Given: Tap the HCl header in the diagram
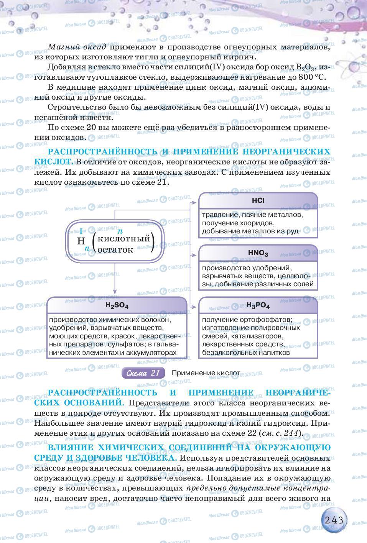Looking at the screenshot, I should click(258, 200).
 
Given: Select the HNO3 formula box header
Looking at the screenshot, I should click(258, 253).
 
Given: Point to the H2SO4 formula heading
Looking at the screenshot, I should click(117, 306).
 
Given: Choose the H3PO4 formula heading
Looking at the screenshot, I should click(258, 306).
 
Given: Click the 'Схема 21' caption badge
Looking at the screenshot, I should click(143, 373).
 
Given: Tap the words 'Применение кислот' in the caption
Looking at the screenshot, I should click(206, 373).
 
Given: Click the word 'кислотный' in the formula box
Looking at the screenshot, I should click(123, 238).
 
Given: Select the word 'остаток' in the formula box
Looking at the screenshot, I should click(115, 249).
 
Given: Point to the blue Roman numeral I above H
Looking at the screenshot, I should click(81, 231).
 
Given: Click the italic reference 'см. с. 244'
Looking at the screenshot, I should click(280, 433).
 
